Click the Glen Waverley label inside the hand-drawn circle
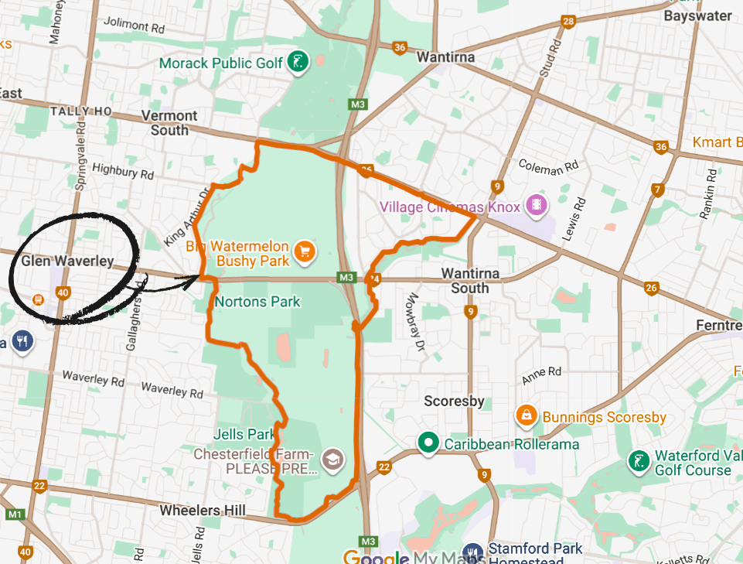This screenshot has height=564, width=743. click(67, 261)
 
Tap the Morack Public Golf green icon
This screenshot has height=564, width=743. click(297, 62)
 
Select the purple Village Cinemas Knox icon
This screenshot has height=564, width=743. click(535, 206)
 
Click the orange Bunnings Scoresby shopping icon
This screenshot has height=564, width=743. click(527, 416)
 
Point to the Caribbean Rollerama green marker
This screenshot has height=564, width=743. click(428, 443)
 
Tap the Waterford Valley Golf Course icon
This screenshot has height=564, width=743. click(639, 462)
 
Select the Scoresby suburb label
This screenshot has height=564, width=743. click(454, 401)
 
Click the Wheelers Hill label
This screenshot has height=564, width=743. click(203, 511)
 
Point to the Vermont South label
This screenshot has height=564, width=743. click(169, 122)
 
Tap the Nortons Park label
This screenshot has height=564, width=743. click(257, 302)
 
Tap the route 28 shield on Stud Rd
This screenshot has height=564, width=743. click(569, 22)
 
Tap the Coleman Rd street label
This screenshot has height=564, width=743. click(549, 165)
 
